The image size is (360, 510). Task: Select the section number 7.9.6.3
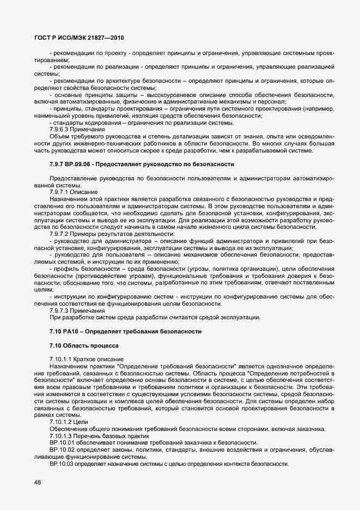click(59, 129)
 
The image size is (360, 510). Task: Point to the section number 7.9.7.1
click(59, 192)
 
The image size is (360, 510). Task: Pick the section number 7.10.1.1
click(60, 360)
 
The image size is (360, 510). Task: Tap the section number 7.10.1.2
click(60, 423)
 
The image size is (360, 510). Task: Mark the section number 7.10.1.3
click(60, 436)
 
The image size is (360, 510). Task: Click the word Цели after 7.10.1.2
click(81, 423)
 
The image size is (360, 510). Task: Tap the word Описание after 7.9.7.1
click(84, 192)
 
